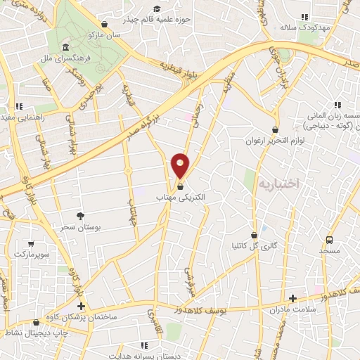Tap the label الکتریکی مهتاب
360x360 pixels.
[x=181, y=198]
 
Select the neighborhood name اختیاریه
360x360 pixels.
[x=278, y=183]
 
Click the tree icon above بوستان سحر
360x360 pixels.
[x=80, y=216]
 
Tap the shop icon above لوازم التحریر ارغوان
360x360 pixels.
[x=275, y=129]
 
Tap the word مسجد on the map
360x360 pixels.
[x=329, y=250]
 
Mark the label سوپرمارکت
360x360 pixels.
[x=28, y=252]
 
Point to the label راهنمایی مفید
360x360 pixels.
[x=22, y=118]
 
